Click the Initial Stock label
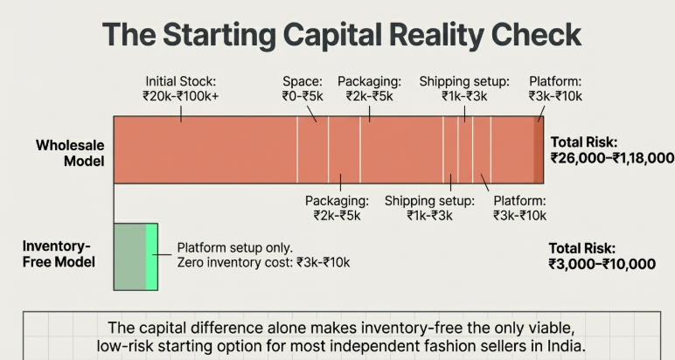tap(181, 80)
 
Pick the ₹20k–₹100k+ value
tap(181, 96)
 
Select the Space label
tap(303, 80)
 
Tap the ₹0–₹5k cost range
tap(303, 96)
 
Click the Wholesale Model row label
tap(70, 153)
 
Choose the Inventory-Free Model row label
tap(58, 253)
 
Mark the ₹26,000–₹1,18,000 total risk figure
tap(612, 158)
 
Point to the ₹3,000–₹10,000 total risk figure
tap(602, 264)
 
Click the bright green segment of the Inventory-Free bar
tap(151, 255)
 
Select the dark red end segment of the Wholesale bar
tap(539, 150)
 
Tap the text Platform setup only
tap(234, 247)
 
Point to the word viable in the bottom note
tap(553, 329)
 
